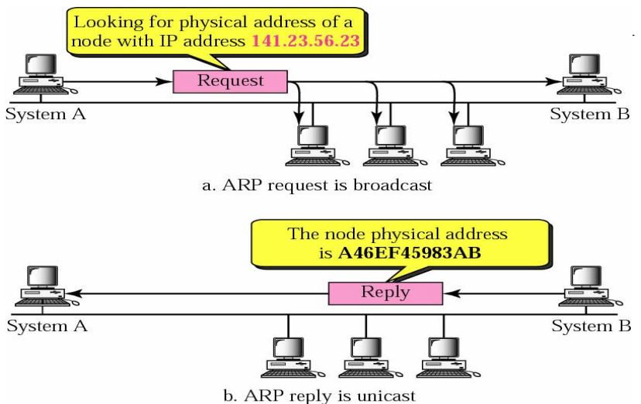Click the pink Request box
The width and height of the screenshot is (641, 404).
[x=230, y=80]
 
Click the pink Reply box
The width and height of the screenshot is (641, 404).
[x=385, y=293]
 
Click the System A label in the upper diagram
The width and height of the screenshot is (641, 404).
[x=44, y=115]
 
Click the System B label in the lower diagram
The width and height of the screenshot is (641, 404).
[x=591, y=326]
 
